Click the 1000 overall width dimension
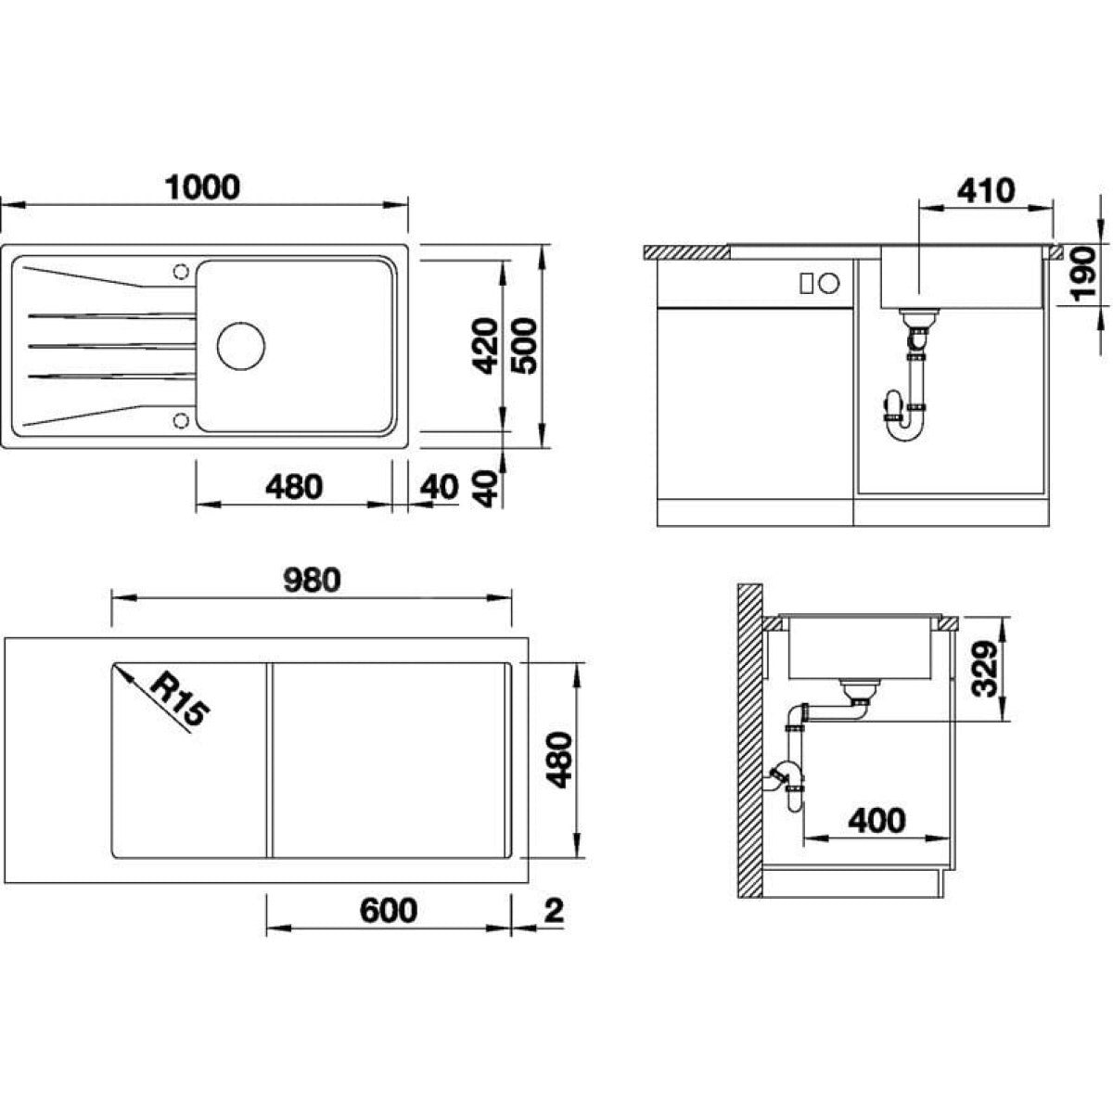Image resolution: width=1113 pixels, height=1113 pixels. click(x=202, y=187)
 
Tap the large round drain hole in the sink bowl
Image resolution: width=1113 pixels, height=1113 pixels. click(x=241, y=346)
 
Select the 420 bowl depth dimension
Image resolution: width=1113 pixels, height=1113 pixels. click(x=485, y=346)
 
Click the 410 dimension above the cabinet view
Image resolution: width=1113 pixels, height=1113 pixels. click(x=986, y=191)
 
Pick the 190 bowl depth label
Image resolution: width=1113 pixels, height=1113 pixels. click(x=1083, y=274)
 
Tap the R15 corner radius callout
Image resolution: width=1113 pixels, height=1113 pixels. click(x=180, y=699)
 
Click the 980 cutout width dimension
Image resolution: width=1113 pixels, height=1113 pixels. click(x=313, y=581)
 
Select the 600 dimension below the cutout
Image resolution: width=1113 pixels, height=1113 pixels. click(x=388, y=911)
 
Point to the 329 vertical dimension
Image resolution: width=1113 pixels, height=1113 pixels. click(x=985, y=669)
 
